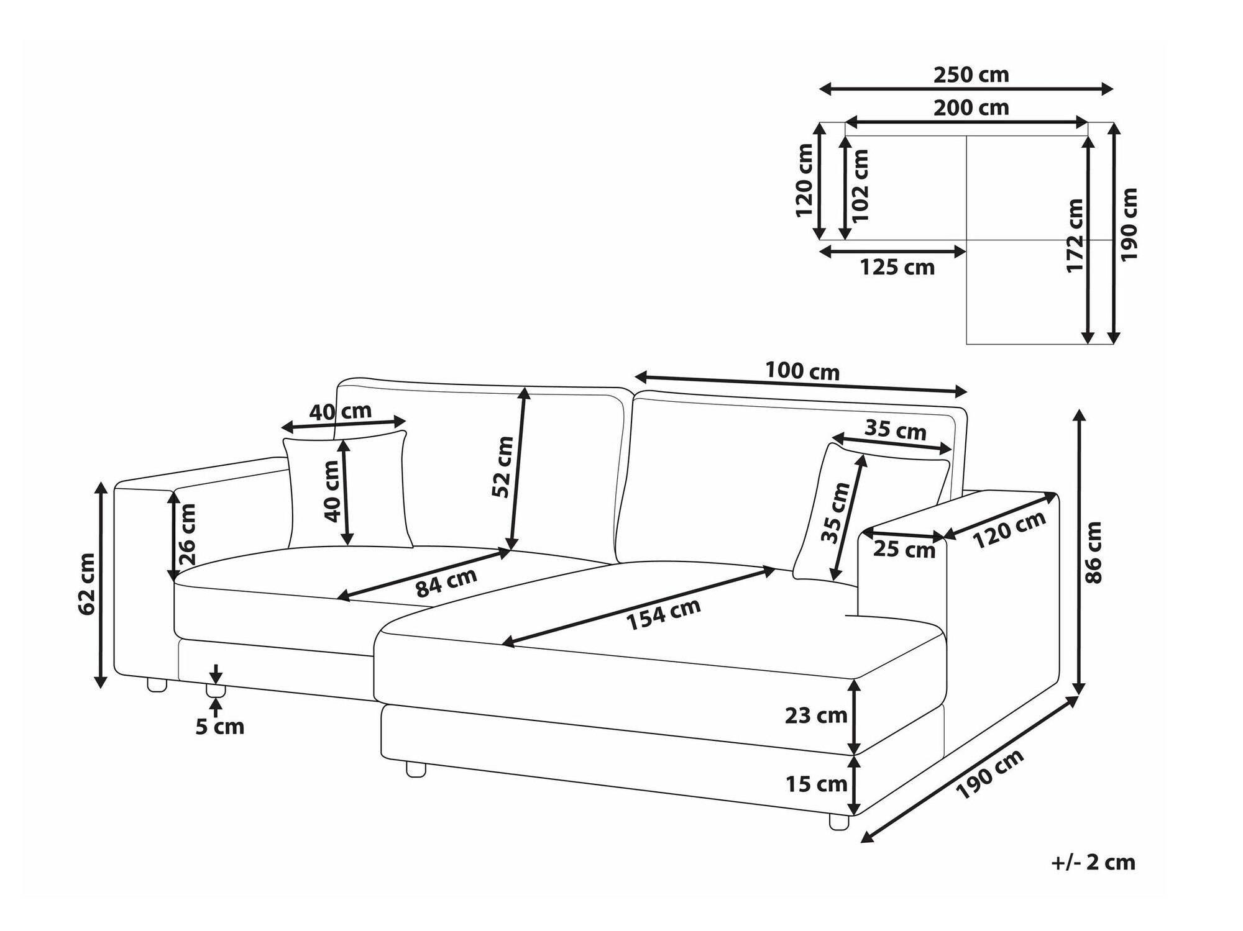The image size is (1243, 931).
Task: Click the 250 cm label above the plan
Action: [x=971, y=75]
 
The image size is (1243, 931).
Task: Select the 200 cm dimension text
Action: [x=971, y=108]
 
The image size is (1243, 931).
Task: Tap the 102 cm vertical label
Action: [x=860, y=186]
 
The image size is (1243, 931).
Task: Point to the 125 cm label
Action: [x=897, y=268]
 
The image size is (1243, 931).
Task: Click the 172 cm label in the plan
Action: [x=1075, y=235]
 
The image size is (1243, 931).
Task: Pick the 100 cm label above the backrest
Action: [x=802, y=371]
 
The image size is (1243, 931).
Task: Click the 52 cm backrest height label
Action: [x=502, y=467]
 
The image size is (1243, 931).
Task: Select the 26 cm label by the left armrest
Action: [x=186, y=534]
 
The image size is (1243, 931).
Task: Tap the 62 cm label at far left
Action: [x=87, y=584]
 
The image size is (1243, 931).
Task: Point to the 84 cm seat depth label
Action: [x=446, y=583]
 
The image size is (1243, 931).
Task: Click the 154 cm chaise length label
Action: [x=663, y=614]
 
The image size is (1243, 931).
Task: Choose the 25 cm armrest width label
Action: [x=904, y=549]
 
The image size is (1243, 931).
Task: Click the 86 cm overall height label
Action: [x=1092, y=552]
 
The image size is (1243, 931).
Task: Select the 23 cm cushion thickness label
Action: [x=816, y=715]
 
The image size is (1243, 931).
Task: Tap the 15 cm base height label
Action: [x=816, y=784]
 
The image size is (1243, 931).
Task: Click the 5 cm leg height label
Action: [x=220, y=727]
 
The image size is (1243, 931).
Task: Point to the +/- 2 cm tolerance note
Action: [x=1093, y=863]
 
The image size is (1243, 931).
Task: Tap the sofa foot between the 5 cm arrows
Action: [x=215, y=691]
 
